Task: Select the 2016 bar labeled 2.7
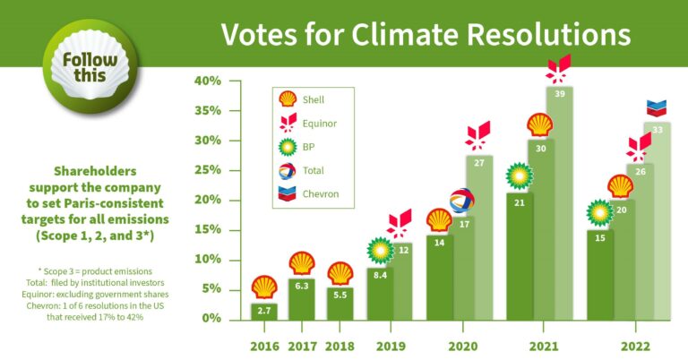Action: [x=263, y=311]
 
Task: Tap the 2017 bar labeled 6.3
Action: [x=302, y=299]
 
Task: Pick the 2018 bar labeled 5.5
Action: [x=340, y=302]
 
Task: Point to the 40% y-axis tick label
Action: [x=207, y=81]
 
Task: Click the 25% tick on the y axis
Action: [x=207, y=170]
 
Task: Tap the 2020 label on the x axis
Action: [x=462, y=347]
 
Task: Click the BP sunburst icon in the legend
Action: [x=288, y=147]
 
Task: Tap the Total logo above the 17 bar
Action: [x=461, y=201]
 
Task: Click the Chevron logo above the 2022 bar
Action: [x=657, y=109]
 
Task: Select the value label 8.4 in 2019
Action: [x=380, y=276]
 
